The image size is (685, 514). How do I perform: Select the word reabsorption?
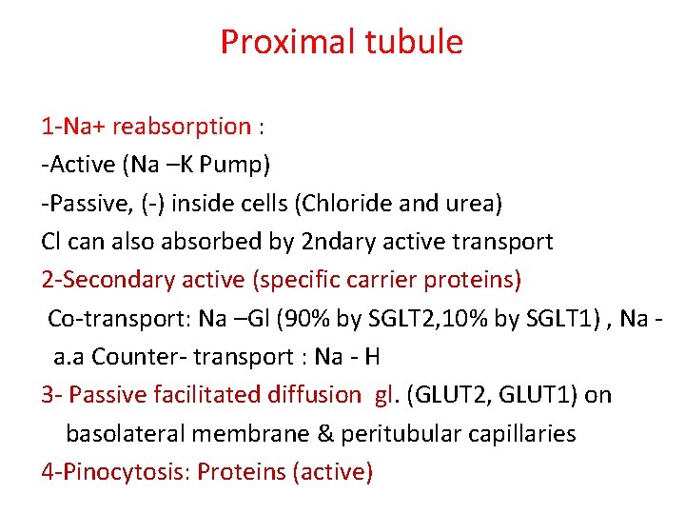(x=182, y=127)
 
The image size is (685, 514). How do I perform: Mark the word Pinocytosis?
(x=126, y=472)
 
